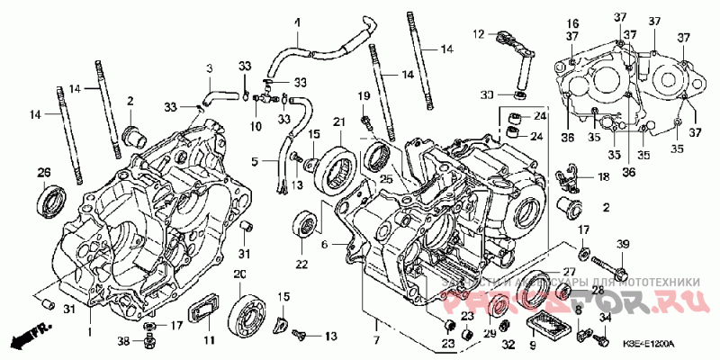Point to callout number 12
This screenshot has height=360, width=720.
[480, 34]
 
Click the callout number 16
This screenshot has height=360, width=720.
[571, 22]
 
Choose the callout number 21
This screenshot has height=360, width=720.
[339, 121]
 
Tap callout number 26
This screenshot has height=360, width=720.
[43, 172]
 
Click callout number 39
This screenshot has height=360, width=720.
[621, 246]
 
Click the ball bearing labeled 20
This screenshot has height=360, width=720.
[242, 310]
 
